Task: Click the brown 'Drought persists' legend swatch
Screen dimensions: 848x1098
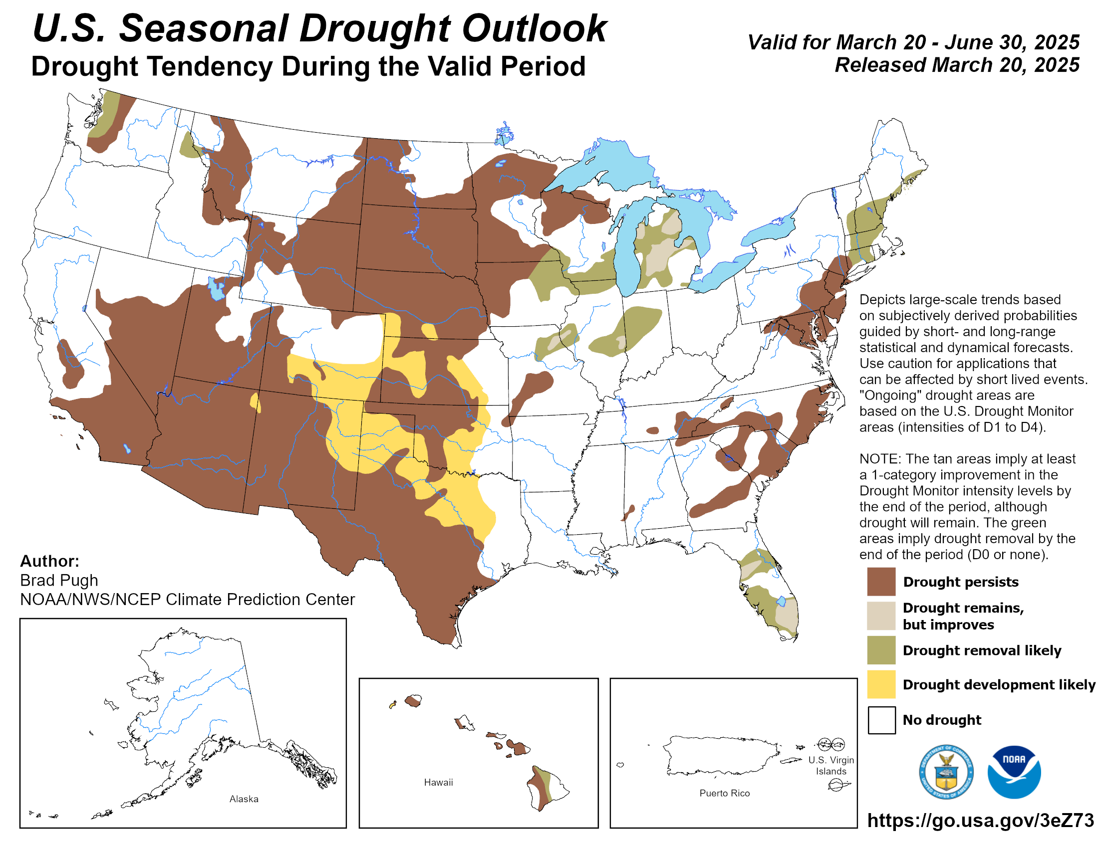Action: (x=881, y=581)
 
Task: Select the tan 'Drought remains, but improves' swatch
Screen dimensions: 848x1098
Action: (x=881, y=616)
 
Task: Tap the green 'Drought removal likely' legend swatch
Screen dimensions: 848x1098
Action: (x=881, y=649)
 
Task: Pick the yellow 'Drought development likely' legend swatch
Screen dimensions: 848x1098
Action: (x=881, y=684)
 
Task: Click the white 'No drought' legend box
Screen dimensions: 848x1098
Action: (x=881, y=719)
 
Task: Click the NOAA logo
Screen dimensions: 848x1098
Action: (x=1014, y=772)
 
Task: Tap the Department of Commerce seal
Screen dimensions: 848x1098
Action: (x=946, y=772)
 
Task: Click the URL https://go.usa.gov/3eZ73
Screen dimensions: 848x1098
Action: (x=980, y=820)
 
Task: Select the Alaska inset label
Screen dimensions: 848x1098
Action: (x=244, y=799)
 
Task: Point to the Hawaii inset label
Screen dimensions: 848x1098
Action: (x=438, y=782)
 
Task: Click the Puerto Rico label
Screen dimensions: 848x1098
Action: (x=724, y=793)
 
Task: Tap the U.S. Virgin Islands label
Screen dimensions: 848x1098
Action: (x=830, y=765)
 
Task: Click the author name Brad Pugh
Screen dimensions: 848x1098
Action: (x=59, y=580)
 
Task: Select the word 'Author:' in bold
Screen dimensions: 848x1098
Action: (x=49, y=561)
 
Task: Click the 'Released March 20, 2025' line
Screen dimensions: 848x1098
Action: (x=957, y=65)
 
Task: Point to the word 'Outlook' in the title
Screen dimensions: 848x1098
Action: (x=534, y=28)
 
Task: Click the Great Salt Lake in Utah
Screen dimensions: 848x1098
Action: (x=217, y=289)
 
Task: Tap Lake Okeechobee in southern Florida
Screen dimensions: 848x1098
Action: (x=781, y=602)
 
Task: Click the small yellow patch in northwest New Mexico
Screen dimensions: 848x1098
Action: (x=256, y=403)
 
